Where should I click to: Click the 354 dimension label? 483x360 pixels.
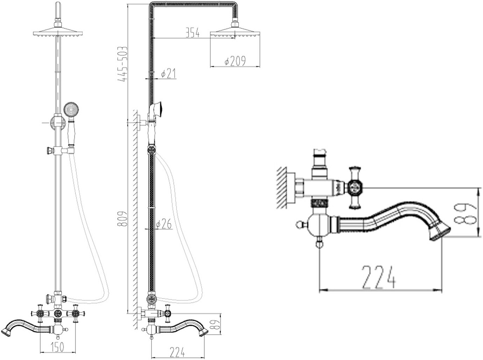[192, 33]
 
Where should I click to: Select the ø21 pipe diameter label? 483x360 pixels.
[168, 74]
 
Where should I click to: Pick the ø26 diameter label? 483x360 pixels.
[164, 224]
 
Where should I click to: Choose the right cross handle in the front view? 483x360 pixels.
[75, 313]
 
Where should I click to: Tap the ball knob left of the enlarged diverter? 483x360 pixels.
[299, 224]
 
